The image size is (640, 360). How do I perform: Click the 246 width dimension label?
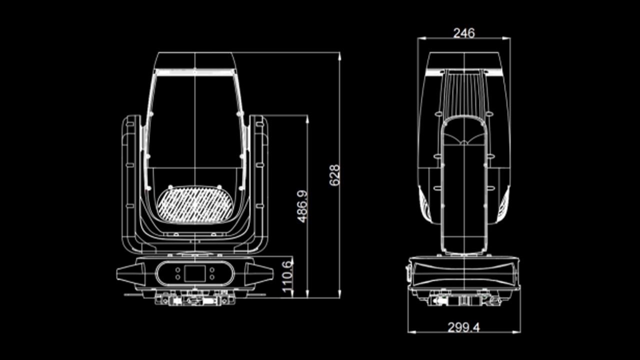pyautogui.click(x=463, y=33)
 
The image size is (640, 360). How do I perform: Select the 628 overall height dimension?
pyautogui.click(x=335, y=175)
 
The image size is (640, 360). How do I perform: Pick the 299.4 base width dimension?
pyautogui.click(x=463, y=327)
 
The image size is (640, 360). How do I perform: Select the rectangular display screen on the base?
pyautogui.click(x=194, y=273)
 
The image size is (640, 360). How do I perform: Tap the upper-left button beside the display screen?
pyautogui.click(x=178, y=270)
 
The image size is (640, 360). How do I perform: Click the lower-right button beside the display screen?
pyautogui.click(x=212, y=276)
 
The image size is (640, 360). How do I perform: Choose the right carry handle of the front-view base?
pyautogui.click(x=259, y=273)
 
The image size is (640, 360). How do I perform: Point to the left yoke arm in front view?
pyautogui.click(x=131, y=180)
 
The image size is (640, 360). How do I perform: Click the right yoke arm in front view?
pyautogui.click(x=258, y=180)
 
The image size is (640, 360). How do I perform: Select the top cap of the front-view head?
pyautogui.click(x=195, y=60)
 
